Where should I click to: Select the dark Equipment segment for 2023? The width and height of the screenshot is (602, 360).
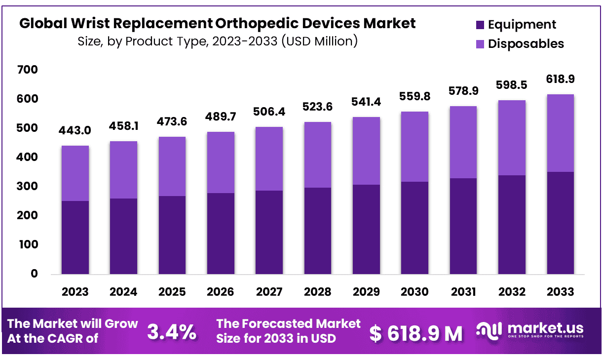point(75,237)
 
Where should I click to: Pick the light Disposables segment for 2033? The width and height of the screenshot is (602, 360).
point(560,133)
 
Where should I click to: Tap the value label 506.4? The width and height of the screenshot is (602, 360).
point(269,112)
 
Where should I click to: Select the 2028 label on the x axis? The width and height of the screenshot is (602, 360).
point(318,292)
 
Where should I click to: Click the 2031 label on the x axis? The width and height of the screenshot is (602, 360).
point(463,292)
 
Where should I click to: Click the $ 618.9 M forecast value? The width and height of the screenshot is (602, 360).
point(416,334)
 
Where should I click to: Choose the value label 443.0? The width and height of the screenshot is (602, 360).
point(75,131)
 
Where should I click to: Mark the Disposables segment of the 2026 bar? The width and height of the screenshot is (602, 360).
point(221,162)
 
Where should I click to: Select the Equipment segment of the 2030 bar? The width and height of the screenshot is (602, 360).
point(414,228)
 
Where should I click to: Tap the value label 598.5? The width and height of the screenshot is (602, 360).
point(512,85)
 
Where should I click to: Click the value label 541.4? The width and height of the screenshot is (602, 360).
point(366,102)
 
